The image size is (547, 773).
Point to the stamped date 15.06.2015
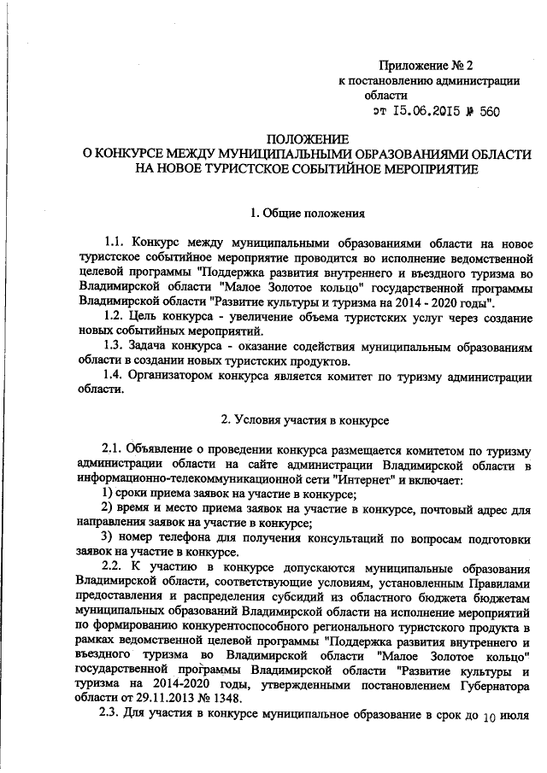tap(428, 112)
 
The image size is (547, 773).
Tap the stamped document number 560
tap(489, 112)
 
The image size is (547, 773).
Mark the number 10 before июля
tap(489, 717)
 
